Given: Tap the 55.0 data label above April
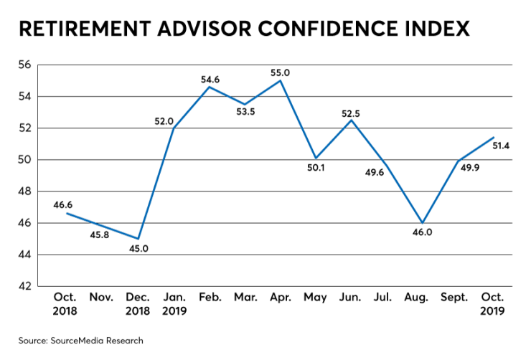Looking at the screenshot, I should (281, 72).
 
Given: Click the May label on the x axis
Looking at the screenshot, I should (316, 297).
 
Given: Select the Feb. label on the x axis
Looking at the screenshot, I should (210, 297).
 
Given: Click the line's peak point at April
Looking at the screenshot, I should (281, 80).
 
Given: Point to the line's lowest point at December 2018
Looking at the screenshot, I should (138, 239).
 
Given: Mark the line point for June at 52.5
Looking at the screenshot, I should (351, 120).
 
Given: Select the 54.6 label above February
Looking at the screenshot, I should (210, 79).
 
